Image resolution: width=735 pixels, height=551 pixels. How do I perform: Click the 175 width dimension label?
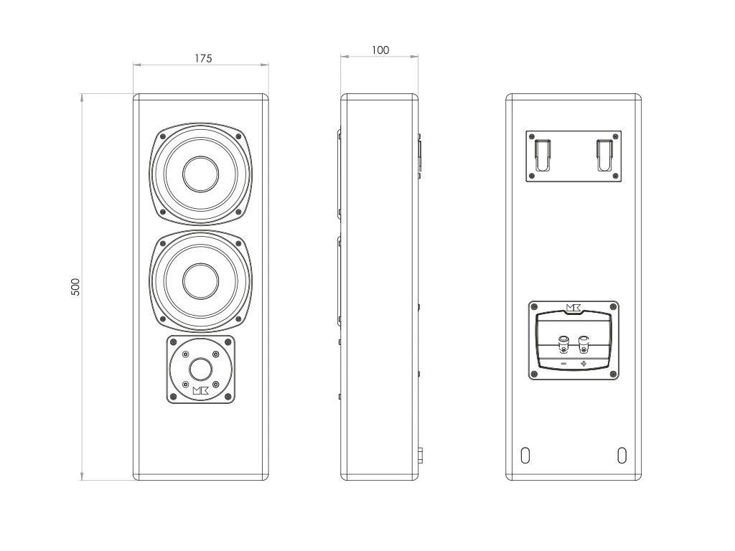pos(203,59)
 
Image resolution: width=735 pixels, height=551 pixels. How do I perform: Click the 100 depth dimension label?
pos(380,50)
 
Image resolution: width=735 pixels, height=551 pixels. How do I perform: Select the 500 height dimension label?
pos(75,287)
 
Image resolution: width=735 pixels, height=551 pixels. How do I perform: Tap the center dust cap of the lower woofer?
pos(201,281)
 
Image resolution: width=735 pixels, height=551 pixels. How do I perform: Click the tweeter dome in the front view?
pos(201,369)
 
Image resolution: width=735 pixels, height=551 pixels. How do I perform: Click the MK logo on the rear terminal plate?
pos(574,308)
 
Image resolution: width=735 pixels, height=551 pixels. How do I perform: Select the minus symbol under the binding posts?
pos(563,364)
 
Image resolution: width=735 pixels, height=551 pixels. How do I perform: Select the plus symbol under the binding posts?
pos(584,364)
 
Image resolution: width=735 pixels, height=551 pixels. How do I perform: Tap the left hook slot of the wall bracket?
pos(543,155)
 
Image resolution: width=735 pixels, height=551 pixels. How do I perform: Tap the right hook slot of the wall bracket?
pos(604,155)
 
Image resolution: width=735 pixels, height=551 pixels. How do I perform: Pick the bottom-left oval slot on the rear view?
pos(525,456)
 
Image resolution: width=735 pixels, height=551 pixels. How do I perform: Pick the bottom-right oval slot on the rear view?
pos(622,456)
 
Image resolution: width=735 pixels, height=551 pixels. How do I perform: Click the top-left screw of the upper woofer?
pos(163,136)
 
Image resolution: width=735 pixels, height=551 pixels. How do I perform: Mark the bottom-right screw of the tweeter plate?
pos(228,397)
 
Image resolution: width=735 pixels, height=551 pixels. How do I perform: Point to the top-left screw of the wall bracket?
pos(532,136)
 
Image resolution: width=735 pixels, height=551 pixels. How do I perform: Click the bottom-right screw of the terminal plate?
pos(613,374)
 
